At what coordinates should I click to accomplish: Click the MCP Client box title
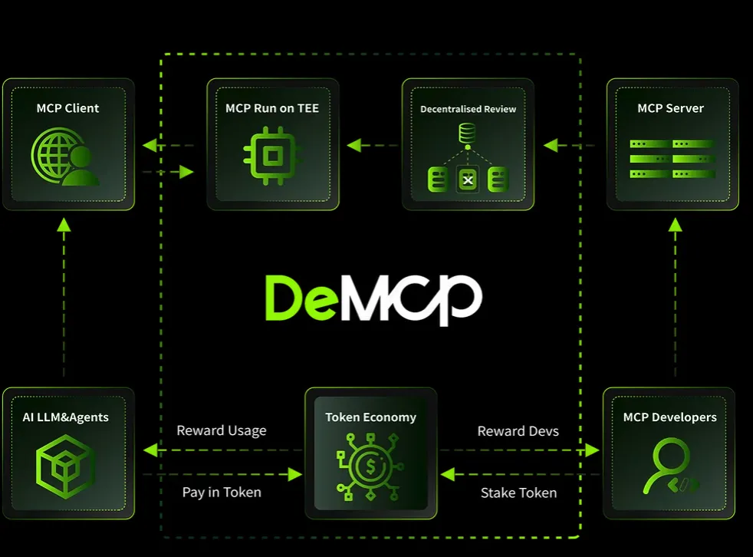click(x=67, y=108)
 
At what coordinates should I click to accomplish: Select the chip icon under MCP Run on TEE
click(x=271, y=157)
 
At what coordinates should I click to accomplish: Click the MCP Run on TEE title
click(x=272, y=108)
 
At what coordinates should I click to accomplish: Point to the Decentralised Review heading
click(x=468, y=109)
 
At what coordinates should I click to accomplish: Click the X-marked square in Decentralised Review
click(x=468, y=181)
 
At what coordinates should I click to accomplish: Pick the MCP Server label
click(x=671, y=108)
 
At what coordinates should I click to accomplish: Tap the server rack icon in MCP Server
click(x=672, y=159)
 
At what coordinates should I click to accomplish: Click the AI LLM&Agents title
click(x=66, y=417)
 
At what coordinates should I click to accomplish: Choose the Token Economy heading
click(x=370, y=417)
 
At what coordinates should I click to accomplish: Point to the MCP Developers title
click(x=669, y=417)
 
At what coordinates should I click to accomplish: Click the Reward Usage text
click(x=222, y=430)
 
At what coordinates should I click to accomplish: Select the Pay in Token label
click(x=222, y=492)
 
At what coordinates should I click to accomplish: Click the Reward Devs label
click(x=518, y=430)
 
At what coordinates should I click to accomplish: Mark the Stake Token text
click(x=518, y=492)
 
